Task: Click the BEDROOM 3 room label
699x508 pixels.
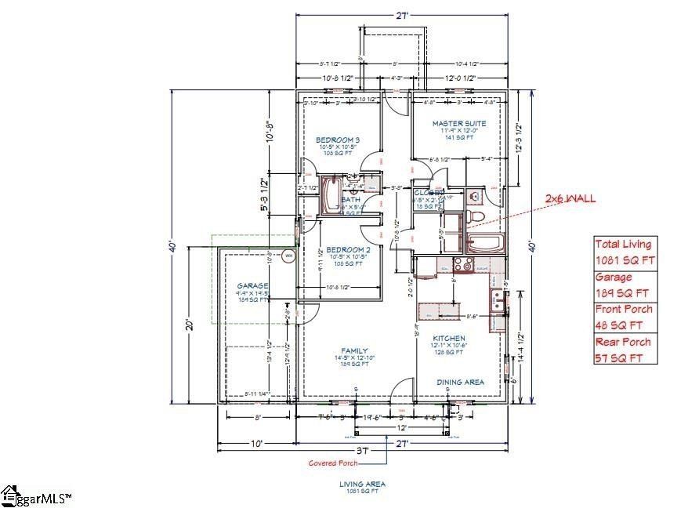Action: [339, 139]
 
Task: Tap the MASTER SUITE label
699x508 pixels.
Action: [458, 123]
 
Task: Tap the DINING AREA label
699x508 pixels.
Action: [460, 382]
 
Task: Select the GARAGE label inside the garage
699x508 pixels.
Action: [253, 286]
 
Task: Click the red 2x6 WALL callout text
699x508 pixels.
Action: [570, 198]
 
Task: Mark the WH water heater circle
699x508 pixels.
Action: [288, 256]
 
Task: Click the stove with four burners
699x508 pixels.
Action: [463, 264]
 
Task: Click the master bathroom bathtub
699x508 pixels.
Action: [486, 242]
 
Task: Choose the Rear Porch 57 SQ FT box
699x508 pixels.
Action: [623, 350]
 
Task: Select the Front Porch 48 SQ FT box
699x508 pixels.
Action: [623, 317]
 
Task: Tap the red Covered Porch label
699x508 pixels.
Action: [333, 463]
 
